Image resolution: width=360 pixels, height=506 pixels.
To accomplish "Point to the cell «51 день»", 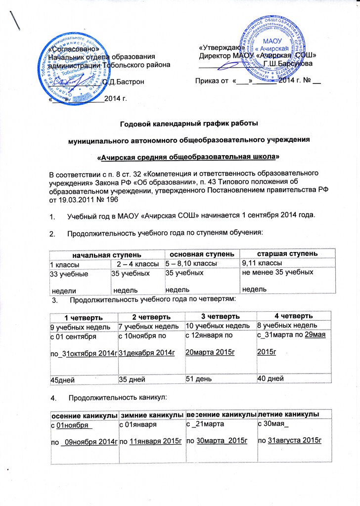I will point(199,379).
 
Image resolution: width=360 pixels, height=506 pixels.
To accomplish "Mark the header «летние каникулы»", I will point(288,413).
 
